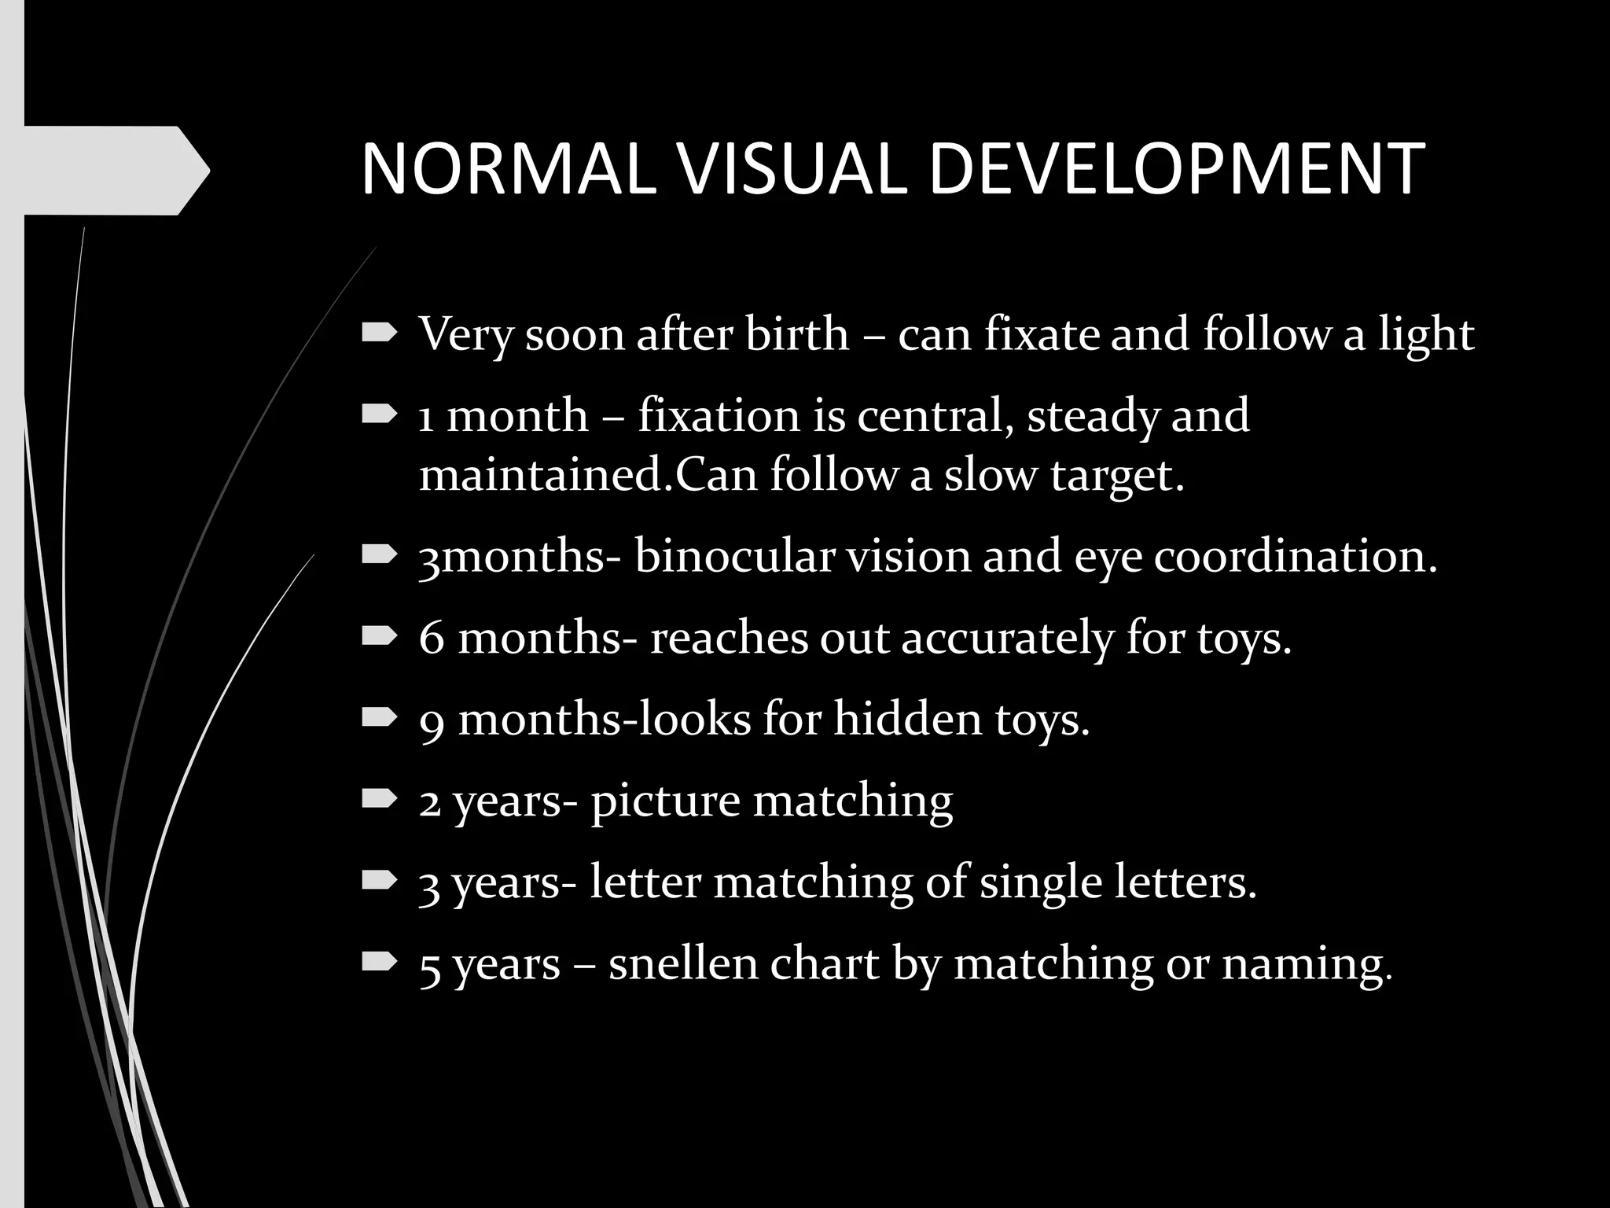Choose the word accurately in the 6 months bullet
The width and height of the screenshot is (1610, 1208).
[1007, 639]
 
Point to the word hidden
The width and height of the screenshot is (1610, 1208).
[907, 719]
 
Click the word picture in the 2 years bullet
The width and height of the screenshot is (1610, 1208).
[665, 802]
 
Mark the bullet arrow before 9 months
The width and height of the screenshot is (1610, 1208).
[379, 716]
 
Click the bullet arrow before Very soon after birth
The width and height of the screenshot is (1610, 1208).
[379, 333]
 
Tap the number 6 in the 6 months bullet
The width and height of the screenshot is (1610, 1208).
[432, 638]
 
